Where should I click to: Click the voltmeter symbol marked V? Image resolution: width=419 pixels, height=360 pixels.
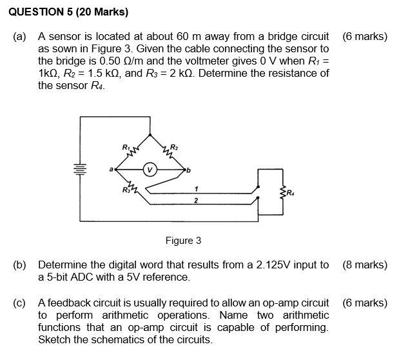150,170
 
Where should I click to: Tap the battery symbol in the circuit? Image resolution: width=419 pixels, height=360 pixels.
81,171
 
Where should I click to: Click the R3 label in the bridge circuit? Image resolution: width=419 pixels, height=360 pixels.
125,189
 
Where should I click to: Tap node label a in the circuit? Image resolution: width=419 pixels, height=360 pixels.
112,170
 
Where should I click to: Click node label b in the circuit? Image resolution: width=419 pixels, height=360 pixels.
188,170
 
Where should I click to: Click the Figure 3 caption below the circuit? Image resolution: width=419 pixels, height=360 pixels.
183,241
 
